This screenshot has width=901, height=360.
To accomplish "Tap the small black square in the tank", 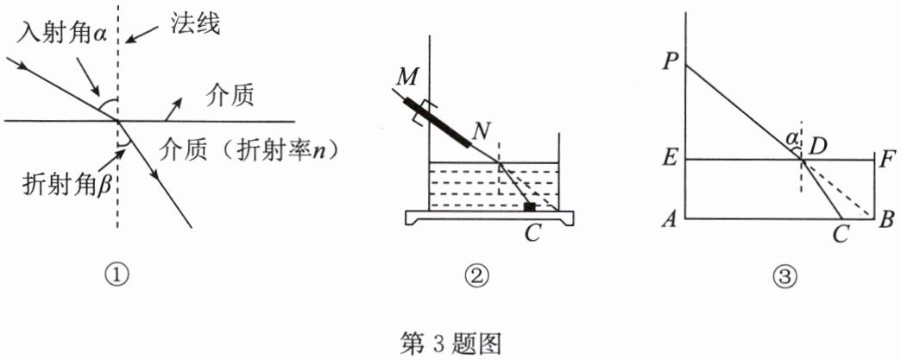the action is click(530, 207).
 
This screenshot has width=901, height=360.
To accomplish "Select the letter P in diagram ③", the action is click(669, 62).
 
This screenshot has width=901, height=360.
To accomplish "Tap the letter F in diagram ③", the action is click(889, 159).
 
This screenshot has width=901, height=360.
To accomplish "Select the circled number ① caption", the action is click(119, 275).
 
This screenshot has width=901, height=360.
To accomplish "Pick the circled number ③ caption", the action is click(783, 275).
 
